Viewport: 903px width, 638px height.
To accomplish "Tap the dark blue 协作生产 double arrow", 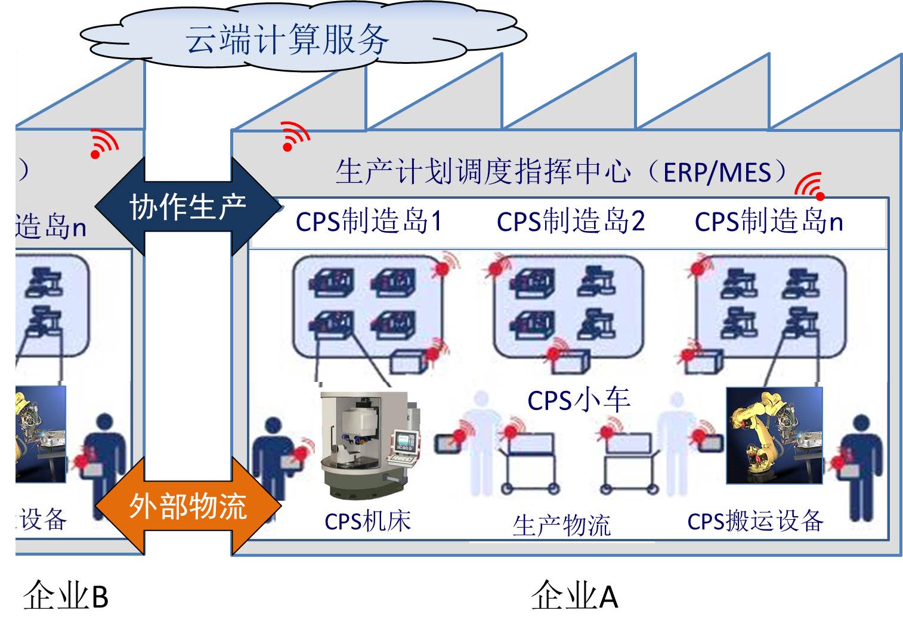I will coord(187,206).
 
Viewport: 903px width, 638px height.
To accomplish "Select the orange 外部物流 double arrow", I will coord(187,506).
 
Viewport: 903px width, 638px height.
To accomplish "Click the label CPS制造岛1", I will coord(369,222).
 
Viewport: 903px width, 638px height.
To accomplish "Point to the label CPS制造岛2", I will coord(571,222).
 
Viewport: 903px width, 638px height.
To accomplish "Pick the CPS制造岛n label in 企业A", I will coord(768,222).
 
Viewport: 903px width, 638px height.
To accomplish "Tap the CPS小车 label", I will coord(579,400).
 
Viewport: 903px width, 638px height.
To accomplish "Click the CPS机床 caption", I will coord(367,522).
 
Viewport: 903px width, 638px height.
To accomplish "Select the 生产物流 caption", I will coord(561,525).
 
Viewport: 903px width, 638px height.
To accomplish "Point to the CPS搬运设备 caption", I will coord(755,522).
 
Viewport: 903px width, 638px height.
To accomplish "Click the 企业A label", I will coord(574,596).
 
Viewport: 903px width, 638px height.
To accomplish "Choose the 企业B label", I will coord(66,596).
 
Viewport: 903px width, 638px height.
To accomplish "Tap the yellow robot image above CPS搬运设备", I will coord(774,436).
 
